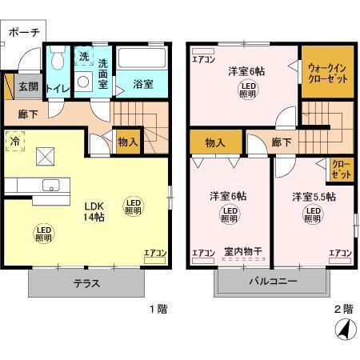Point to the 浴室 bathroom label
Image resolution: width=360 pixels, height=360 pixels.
[x=143, y=82]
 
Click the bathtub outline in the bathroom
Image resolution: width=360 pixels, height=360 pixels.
[x=142, y=59]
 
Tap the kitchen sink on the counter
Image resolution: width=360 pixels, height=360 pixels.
[x=51, y=186]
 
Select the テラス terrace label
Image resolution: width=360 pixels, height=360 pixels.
[x=88, y=282]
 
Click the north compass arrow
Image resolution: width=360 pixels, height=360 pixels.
[x=343, y=330]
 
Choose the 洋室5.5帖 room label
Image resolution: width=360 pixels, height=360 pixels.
[x=313, y=196]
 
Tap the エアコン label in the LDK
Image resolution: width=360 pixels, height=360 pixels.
[x=154, y=254]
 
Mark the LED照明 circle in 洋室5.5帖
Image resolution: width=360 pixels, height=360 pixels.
[x=313, y=214]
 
